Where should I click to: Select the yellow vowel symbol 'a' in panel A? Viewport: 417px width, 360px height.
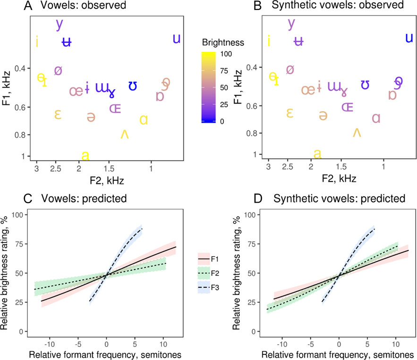click(85, 155)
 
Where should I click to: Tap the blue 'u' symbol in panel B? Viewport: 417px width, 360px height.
click(409, 38)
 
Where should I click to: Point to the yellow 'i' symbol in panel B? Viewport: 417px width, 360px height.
click(269, 41)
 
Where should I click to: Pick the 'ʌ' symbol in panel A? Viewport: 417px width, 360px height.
click(125, 134)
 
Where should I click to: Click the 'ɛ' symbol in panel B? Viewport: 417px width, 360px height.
click(289, 113)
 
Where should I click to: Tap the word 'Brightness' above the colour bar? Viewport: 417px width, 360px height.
click(223, 42)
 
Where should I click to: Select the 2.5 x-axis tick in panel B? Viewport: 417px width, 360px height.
click(289, 168)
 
